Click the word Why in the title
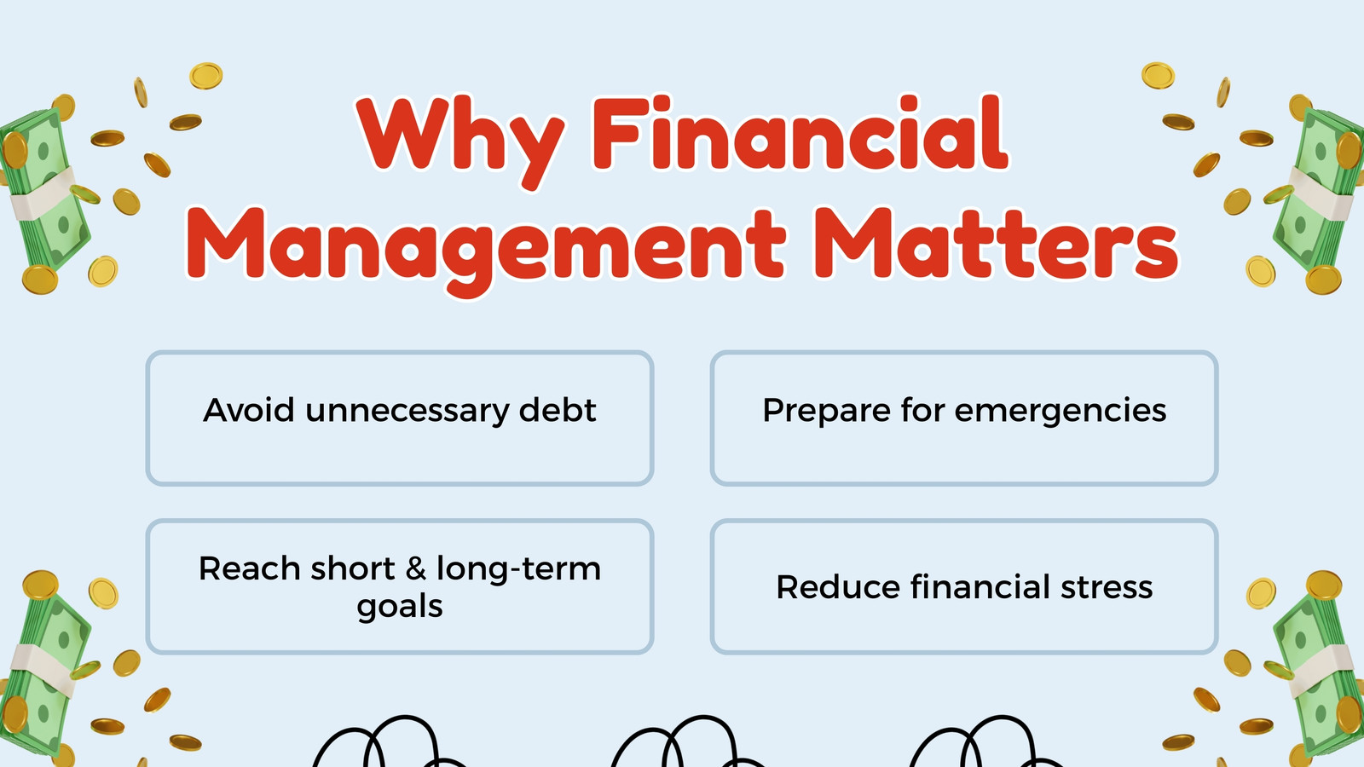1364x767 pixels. point(460,140)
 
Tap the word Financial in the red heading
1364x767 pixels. point(800,133)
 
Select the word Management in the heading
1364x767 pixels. point(486,251)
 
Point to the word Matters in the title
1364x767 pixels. point(997,244)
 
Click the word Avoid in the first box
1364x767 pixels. point(248,410)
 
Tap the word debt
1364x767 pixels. point(558,410)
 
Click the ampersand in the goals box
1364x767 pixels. point(415,568)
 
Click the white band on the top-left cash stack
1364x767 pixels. point(43,193)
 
